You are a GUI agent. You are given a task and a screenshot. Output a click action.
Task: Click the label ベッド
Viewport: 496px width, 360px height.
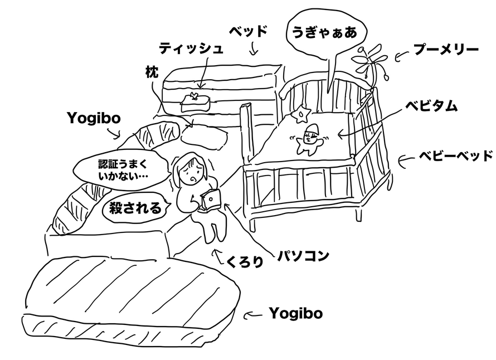coord(249,31)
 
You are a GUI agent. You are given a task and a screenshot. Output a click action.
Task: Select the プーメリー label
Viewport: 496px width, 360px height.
coord(445,50)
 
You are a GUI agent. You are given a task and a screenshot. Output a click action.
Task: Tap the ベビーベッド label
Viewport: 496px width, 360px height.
coord(455,155)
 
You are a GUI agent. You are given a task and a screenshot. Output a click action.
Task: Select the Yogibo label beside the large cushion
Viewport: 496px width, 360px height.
coord(295,314)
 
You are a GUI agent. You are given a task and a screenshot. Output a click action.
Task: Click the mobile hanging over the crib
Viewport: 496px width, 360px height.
coord(369,66)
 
